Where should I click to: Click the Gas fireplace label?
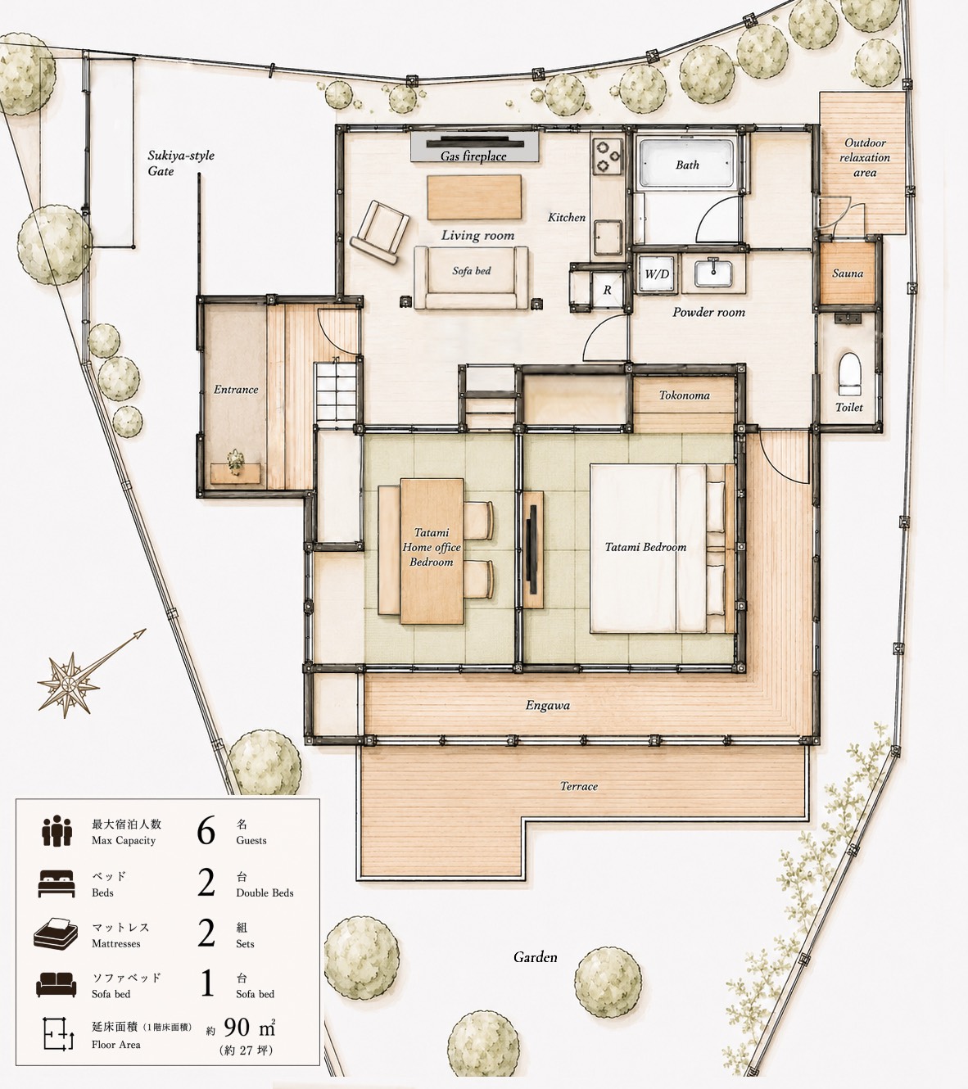click(473, 156)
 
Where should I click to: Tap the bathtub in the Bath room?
click(686, 164)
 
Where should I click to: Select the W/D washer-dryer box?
click(657, 274)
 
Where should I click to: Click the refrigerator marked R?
click(607, 290)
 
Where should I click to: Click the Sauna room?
click(848, 273)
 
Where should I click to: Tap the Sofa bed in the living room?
click(471, 278)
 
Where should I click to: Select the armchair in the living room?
click(380, 233)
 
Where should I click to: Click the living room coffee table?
click(474, 197)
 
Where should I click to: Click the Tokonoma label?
click(684, 395)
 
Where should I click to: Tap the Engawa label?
click(547, 705)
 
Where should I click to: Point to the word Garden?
click(535, 957)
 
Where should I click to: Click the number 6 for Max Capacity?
click(206, 830)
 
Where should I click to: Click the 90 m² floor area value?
click(250, 1028)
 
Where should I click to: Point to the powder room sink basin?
click(713, 273)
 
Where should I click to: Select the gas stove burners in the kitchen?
click(608, 156)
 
